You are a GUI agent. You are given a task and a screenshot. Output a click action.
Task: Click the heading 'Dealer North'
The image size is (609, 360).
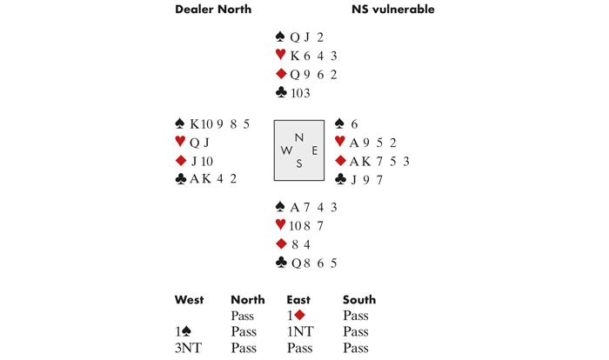[x=213, y=10]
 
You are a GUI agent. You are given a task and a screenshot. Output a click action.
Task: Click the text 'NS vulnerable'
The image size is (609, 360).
[x=392, y=10]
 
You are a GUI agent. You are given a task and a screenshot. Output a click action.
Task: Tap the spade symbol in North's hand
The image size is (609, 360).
[x=280, y=37]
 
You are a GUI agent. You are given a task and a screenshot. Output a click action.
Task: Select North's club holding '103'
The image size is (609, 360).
[x=300, y=93]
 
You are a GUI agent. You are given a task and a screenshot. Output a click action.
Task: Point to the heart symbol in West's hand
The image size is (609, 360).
[x=180, y=142]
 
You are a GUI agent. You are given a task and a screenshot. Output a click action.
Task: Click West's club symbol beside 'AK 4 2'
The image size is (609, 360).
[x=181, y=179]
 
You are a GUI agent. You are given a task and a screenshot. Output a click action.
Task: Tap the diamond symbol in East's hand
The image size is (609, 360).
[x=340, y=161]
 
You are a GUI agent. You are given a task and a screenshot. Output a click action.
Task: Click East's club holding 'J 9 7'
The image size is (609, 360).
[x=365, y=180]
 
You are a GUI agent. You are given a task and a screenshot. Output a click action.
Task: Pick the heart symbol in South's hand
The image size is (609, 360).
[x=280, y=225]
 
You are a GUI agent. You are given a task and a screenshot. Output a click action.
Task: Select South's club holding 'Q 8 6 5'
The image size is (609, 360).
[x=313, y=263]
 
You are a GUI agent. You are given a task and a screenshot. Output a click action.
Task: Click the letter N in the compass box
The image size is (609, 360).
[x=299, y=137]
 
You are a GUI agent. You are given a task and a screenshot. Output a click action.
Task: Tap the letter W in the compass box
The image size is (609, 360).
[x=286, y=150]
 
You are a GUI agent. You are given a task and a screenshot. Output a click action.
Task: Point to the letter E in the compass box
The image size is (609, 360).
[x=314, y=150]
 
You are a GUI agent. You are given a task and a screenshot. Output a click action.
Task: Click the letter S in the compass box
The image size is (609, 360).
[x=299, y=163]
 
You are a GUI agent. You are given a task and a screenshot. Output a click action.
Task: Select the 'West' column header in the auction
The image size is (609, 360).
[x=189, y=300]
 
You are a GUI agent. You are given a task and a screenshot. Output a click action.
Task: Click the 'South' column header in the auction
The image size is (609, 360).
[x=359, y=300]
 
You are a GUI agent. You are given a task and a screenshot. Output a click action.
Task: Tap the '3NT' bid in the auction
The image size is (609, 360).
[x=187, y=348]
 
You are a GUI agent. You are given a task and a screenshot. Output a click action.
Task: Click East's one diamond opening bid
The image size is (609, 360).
[x=296, y=316]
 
